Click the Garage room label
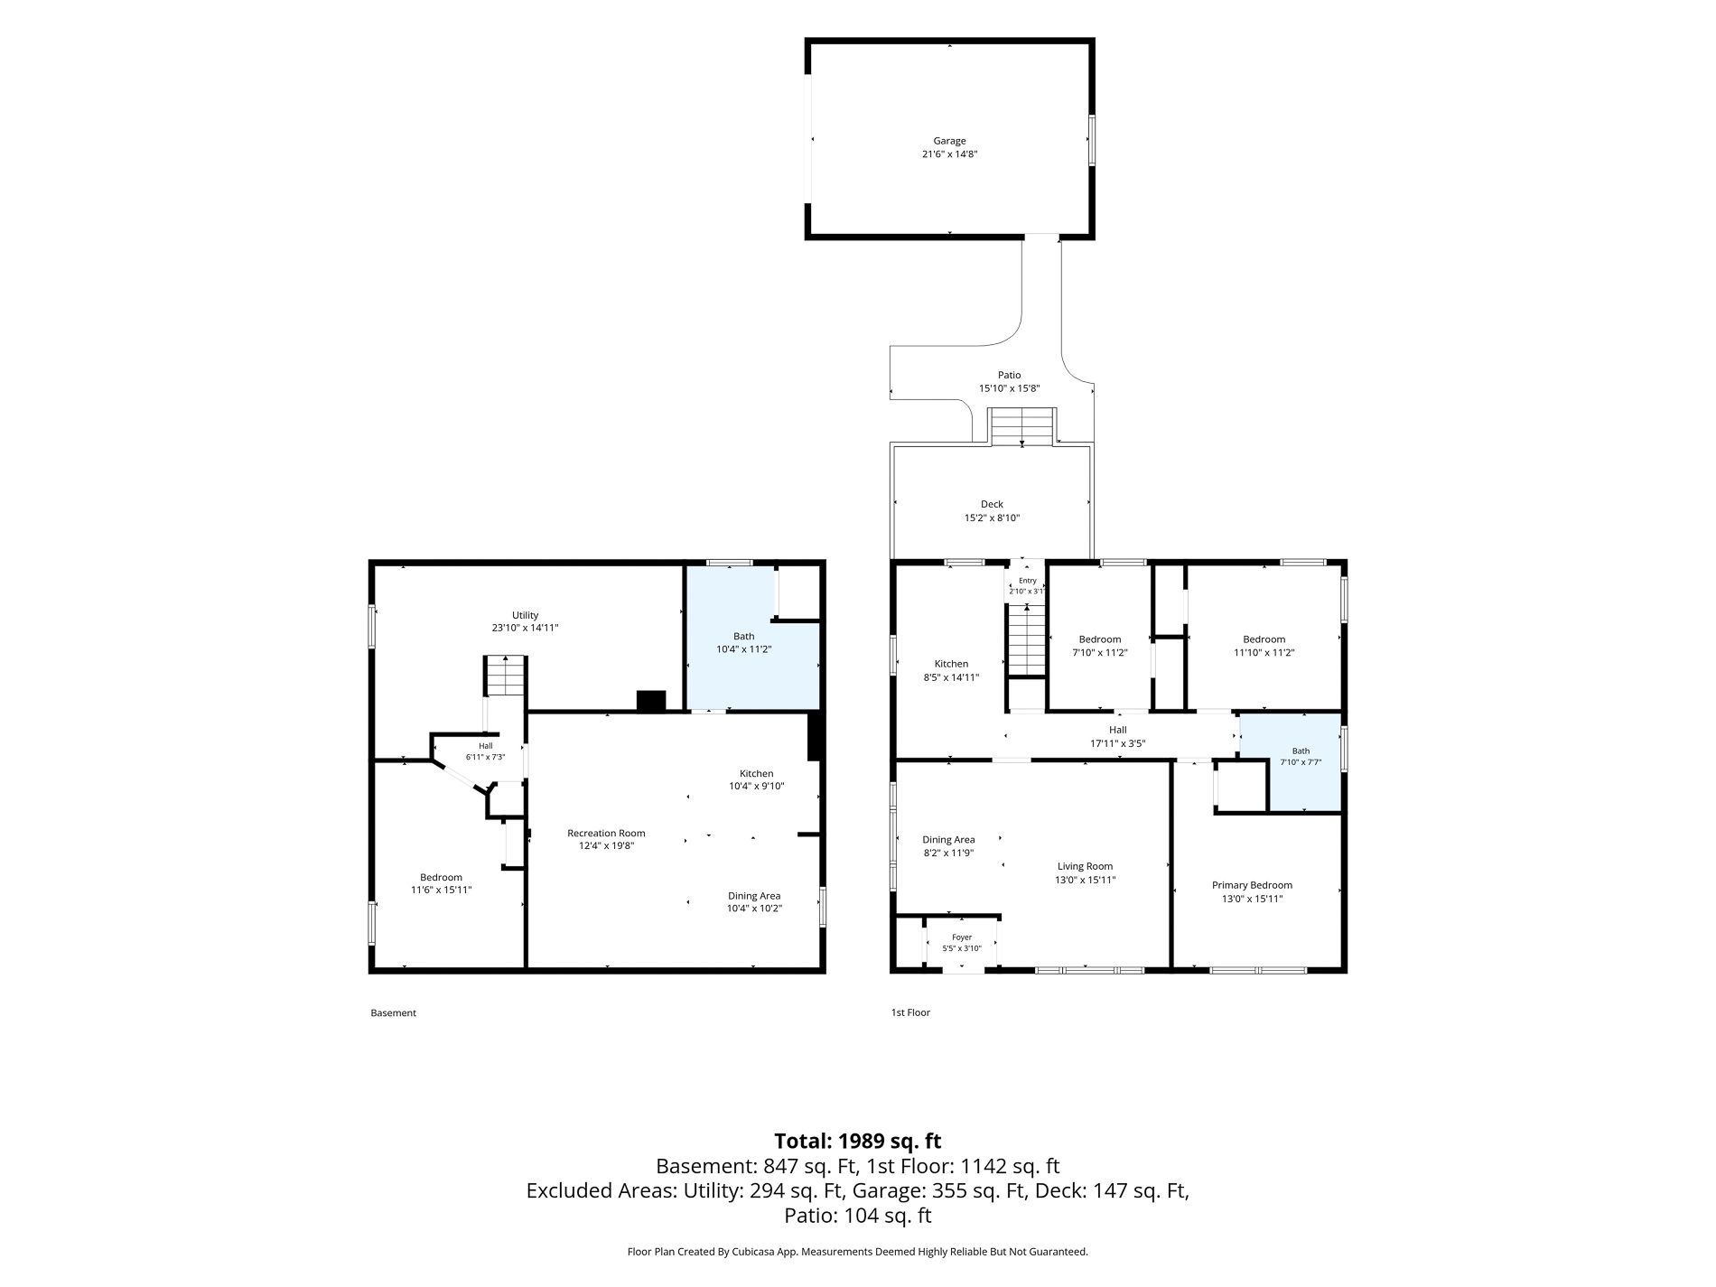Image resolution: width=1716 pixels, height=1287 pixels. tap(949, 141)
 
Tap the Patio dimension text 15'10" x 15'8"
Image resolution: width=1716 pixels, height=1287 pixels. tap(1010, 388)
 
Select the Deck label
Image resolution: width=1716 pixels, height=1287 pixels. tap(992, 504)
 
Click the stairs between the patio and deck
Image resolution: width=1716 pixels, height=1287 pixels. tap(1021, 426)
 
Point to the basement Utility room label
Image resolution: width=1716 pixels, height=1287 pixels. tap(525, 615)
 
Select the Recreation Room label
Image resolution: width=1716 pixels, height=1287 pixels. tap(606, 834)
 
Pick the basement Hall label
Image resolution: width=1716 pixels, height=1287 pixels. tap(486, 746)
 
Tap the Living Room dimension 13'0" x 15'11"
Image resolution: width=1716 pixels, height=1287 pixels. tap(1086, 880)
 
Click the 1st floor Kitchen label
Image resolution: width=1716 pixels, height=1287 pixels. tap(951, 664)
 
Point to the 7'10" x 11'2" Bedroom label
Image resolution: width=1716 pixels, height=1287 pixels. tap(1099, 639)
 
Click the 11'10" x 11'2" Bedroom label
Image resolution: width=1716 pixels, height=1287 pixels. tap(1264, 639)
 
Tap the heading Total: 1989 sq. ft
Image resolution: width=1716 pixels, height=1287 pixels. tap(858, 1141)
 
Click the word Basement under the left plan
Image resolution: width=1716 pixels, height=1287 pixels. tap(394, 1012)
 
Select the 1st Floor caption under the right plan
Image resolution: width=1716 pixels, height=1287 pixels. tap(910, 1012)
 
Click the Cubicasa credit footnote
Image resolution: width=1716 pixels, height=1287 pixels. tap(858, 1252)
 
